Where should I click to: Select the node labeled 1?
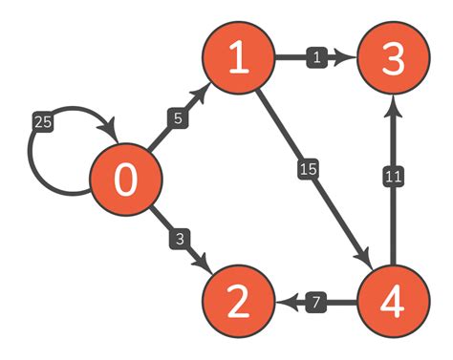238,59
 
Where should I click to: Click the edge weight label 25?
42,123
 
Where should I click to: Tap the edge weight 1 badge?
316,59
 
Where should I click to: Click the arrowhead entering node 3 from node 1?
349,59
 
